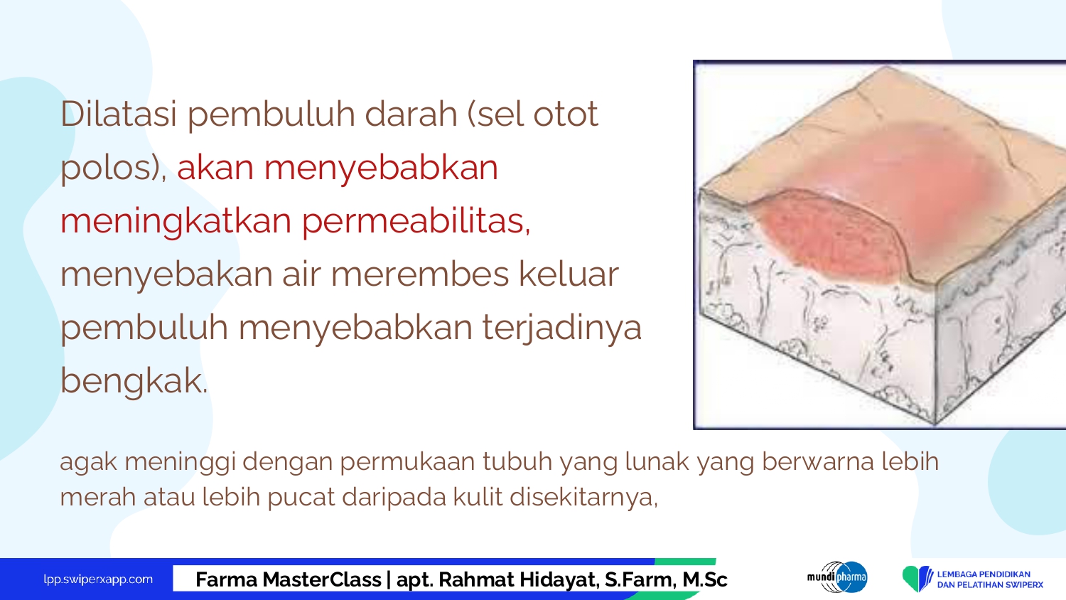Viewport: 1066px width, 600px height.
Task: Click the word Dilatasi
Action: pyautogui.click(x=119, y=114)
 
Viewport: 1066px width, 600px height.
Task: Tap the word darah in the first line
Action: pyautogui.click(x=411, y=114)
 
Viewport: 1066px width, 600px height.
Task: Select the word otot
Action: pyautogui.click(x=566, y=114)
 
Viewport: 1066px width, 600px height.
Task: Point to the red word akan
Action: pyautogui.click(x=215, y=167)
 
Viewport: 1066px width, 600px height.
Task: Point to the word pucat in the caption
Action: pyautogui.click(x=301, y=498)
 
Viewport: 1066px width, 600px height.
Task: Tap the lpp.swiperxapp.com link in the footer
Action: pyautogui.click(x=98, y=579)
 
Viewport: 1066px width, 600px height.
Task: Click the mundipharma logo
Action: pyautogui.click(x=838, y=577)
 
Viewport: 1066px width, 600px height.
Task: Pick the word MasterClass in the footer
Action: pyautogui.click(x=321, y=579)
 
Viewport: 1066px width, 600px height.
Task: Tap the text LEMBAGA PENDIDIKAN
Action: pyautogui.click(x=984, y=574)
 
